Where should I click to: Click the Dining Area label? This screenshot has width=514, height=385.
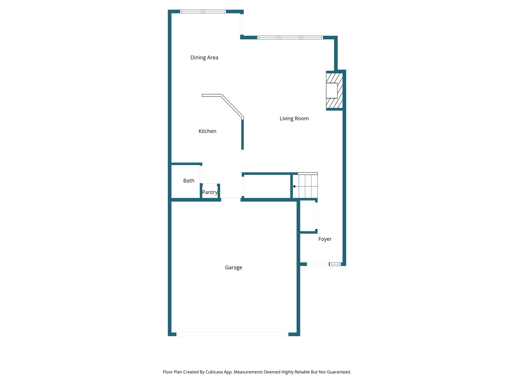(x=204, y=58)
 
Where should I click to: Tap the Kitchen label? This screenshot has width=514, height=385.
(x=207, y=131)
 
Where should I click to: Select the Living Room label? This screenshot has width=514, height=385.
(x=294, y=119)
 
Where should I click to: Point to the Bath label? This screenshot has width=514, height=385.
(x=189, y=181)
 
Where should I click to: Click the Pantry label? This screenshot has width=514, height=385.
(x=210, y=192)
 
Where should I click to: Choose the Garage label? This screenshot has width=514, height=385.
(x=233, y=267)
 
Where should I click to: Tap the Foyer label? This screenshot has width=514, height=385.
(x=325, y=239)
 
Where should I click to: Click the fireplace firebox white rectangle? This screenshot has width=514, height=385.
(x=332, y=90)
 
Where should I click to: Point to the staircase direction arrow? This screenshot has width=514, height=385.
(x=294, y=186)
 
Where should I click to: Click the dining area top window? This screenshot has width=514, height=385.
(x=203, y=12)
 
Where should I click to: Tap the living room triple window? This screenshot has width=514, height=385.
(x=290, y=38)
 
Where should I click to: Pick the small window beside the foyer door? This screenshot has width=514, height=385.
(x=335, y=264)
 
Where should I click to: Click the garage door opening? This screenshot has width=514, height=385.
(x=232, y=334)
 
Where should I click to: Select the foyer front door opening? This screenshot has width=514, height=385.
(x=318, y=264)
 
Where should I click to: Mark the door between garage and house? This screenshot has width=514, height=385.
(x=231, y=200)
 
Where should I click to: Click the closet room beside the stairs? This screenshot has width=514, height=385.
(x=267, y=186)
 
